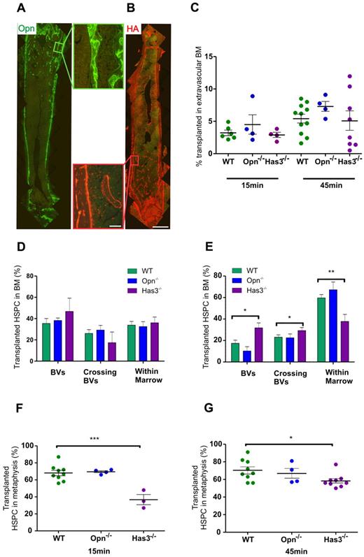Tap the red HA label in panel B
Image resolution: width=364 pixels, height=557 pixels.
pyautogui.click(x=132, y=29)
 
